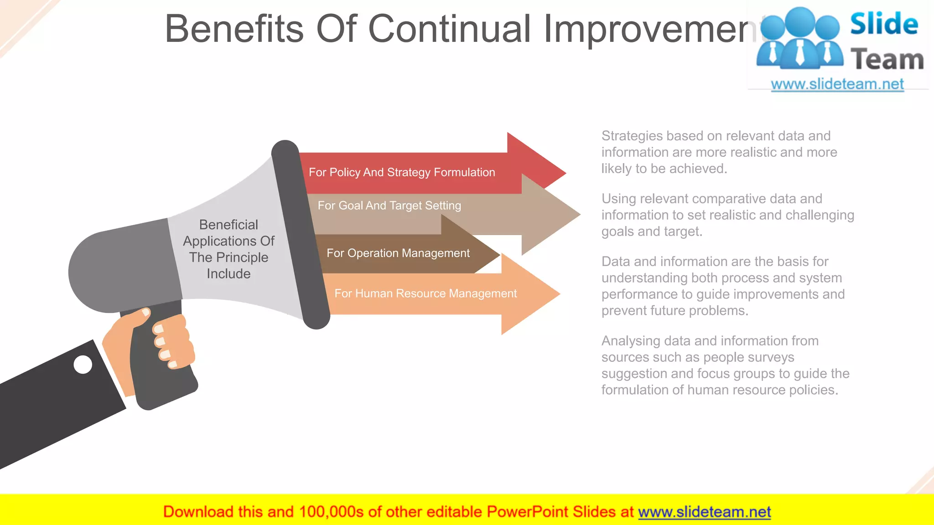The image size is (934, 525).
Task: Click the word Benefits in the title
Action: click(233, 29)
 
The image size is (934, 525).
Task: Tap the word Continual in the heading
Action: click(449, 29)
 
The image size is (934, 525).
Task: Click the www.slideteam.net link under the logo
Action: click(837, 84)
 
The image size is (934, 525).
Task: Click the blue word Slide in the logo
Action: click(883, 24)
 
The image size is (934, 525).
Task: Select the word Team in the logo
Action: click(887, 60)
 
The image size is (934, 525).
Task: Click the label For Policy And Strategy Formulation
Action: click(401, 173)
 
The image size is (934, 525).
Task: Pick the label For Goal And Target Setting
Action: click(389, 206)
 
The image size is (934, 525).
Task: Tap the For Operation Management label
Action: click(398, 253)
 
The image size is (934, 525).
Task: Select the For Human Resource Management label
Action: click(425, 293)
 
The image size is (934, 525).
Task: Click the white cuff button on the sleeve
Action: click(83, 365)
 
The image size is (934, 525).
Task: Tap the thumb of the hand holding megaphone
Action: click(137, 317)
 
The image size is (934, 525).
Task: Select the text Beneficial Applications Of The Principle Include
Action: click(228, 249)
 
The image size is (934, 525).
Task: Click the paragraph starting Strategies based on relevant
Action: click(719, 152)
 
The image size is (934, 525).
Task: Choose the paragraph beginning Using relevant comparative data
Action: click(727, 215)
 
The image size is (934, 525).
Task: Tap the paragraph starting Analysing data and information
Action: click(725, 365)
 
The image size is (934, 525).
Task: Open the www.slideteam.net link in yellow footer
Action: click(704, 512)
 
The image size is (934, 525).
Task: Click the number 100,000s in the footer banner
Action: click(331, 512)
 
